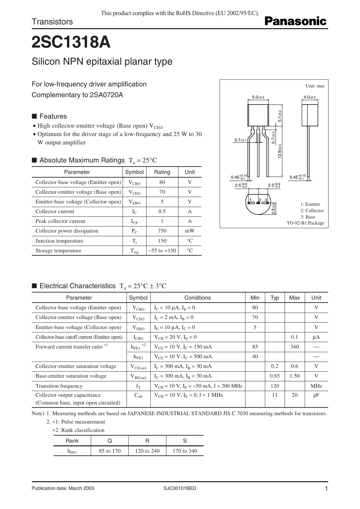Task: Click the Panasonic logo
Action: [x=295, y=21]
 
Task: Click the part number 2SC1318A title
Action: [x=71, y=43]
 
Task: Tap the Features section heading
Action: [x=53, y=116]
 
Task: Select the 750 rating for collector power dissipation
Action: [x=162, y=231]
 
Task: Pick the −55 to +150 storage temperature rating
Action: [x=162, y=251]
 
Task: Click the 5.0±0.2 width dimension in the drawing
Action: [x=258, y=98]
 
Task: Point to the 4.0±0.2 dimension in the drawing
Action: [x=309, y=98]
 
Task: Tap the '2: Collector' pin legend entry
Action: [x=312, y=210]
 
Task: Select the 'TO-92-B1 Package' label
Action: [x=305, y=223]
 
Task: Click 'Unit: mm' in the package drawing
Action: [x=315, y=86]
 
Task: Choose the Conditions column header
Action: [x=198, y=298]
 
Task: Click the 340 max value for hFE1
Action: [x=294, y=347]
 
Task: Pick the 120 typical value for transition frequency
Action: [x=275, y=386]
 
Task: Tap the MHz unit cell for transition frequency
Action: [x=316, y=386]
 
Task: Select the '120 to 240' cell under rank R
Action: [x=147, y=451]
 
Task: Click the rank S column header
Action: [x=185, y=441]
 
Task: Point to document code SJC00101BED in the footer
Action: [x=180, y=488]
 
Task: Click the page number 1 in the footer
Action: [x=326, y=489]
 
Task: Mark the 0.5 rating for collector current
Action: [x=162, y=211]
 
